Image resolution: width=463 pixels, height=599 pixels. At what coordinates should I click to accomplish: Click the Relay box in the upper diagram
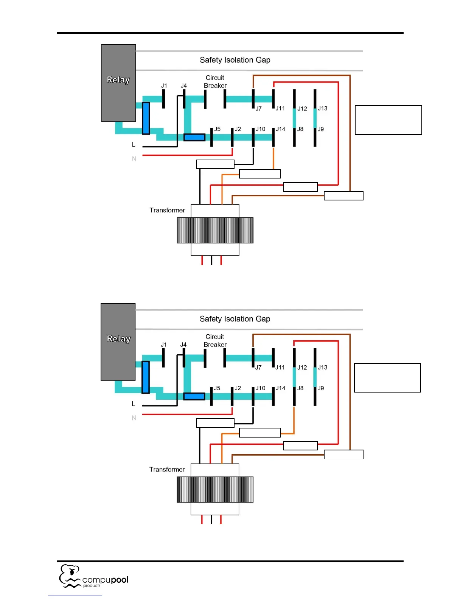pyautogui.click(x=118, y=83)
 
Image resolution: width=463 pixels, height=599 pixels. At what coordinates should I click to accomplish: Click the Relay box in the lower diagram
pyautogui.click(x=118, y=342)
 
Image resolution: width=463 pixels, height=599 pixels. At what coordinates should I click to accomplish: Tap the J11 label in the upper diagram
pyautogui.click(x=280, y=109)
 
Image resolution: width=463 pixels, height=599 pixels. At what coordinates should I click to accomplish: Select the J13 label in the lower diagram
pyautogui.click(x=322, y=367)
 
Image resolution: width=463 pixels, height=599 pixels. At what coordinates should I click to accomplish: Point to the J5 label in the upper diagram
pyautogui.click(x=218, y=129)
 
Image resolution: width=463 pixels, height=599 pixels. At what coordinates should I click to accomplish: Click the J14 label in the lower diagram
pyautogui.click(x=280, y=388)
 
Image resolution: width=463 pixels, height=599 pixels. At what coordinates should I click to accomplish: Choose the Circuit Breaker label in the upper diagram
pyautogui.click(x=215, y=82)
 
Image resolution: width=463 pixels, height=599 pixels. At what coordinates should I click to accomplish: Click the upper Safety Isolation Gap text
pyautogui.click(x=235, y=60)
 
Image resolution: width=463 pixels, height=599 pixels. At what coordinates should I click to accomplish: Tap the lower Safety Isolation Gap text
pyautogui.click(x=235, y=319)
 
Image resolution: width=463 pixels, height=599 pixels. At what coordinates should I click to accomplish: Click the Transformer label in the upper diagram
pyautogui.click(x=167, y=210)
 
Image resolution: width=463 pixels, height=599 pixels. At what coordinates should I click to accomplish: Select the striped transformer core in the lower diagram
pyautogui.click(x=215, y=489)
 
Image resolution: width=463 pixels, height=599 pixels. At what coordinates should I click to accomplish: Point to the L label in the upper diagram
pyautogui.click(x=134, y=145)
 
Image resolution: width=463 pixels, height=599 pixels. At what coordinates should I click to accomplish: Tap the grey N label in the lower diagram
pyautogui.click(x=134, y=418)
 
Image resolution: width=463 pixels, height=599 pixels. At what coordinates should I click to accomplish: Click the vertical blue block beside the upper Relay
pyautogui.click(x=146, y=118)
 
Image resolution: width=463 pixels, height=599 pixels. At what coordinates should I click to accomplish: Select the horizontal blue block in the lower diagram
pyautogui.click(x=194, y=396)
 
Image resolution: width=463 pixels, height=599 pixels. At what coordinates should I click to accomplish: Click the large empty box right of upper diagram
pyautogui.click(x=388, y=120)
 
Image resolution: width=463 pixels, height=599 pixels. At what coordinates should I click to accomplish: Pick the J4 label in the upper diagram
pyautogui.click(x=183, y=86)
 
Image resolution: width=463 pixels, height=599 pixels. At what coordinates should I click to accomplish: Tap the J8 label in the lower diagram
pyautogui.click(x=300, y=388)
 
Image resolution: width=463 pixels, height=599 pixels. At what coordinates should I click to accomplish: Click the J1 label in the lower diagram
pyautogui.click(x=163, y=345)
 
